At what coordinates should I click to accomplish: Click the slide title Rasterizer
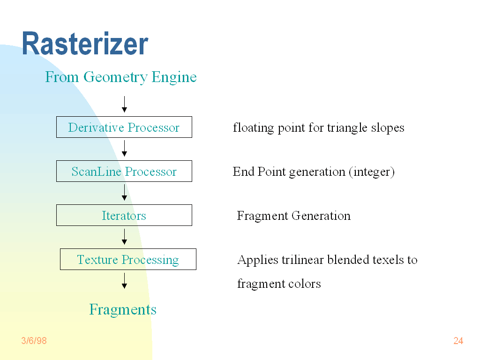pos(85,44)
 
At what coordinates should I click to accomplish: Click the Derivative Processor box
pos(124,127)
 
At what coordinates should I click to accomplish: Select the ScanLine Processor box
pos(124,171)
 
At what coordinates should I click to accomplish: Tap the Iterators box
pos(124,215)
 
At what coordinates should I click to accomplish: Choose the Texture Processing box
pos(128,259)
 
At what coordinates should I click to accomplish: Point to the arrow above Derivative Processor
pos(124,104)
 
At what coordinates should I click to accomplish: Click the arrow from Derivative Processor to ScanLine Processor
pos(124,149)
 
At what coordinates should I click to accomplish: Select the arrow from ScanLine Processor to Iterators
pos(124,193)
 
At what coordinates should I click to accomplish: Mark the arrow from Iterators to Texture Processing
pos(124,237)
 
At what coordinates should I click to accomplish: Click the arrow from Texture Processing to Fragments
pos(124,280)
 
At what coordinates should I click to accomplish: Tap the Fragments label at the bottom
pos(123,309)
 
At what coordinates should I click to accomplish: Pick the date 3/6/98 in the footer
pos(34,341)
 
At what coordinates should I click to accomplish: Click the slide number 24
pos(458,341)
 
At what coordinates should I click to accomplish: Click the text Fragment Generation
pos(293,216)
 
